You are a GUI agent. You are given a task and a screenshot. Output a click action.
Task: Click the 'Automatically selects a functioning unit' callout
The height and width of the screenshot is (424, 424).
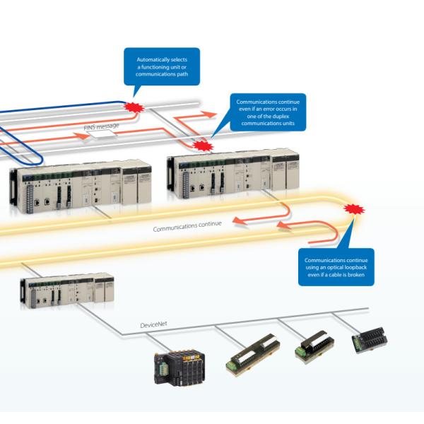(161, 65)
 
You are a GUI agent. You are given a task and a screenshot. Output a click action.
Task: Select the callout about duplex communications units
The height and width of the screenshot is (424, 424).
(271, 112)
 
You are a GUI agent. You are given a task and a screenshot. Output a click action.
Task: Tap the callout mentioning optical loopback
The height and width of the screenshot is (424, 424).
(336, 266)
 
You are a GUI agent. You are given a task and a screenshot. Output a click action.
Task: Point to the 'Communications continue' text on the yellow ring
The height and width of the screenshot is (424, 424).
(187, 226)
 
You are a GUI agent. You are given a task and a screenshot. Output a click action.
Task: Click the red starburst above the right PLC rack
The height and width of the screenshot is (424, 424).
(204, 146)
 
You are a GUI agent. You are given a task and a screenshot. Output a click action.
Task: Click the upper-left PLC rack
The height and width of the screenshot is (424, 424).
(78, 185)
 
